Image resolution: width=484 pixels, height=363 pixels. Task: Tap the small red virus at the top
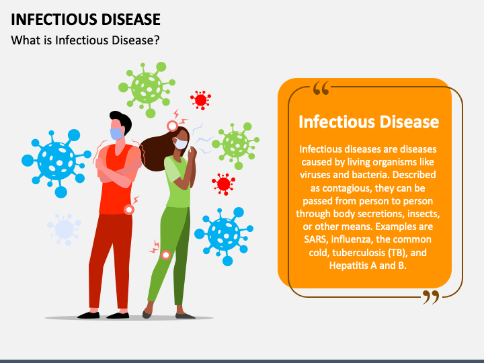pyautogui.click(x=200, y=100)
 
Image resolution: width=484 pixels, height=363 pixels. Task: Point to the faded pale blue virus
pyautogui.click(x=64, y=229)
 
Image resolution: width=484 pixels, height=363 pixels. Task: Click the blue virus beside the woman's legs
pyautogui.click(x=224, y=233)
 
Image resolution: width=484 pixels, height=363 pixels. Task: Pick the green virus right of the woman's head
pyautogui.click(x=235, y=143)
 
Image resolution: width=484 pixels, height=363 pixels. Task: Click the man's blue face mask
pyautogui.click(x=117, y=134)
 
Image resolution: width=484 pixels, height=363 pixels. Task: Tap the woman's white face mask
pyautogui.click(x=180, y=143)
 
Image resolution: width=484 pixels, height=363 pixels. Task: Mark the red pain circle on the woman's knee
pyautogui.click(x=165, y=255)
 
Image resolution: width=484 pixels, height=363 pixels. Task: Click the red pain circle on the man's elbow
pyautogui.click(x=129, y=210)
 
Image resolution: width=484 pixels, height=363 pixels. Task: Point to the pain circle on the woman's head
pyautogui.click(x=173, y=126)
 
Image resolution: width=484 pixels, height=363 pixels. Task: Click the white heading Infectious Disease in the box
pyautogui.click(x=368, y=122)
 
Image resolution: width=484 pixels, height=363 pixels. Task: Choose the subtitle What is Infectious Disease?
pyautogui.click(x=85, y=40)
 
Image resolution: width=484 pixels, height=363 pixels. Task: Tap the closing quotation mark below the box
pyautogui.click(x=430, y=296)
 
